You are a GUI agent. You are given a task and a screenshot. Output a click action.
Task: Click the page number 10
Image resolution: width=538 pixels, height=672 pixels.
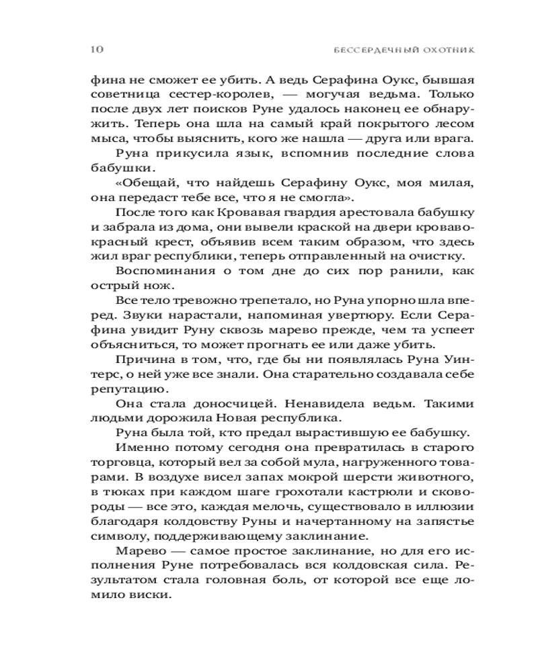(x=95, y=49)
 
